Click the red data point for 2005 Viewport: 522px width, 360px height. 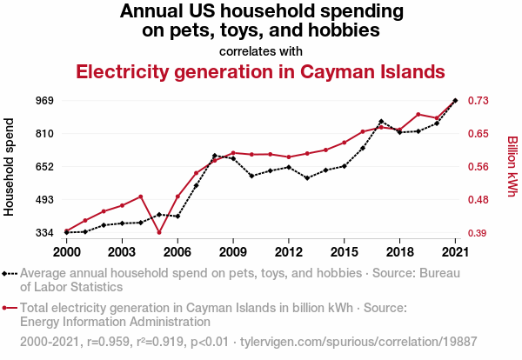[x=159, y=232]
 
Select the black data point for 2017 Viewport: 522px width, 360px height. [x=381, y=122]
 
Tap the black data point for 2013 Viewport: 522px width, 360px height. [x=307, y=178]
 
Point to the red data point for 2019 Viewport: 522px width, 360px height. [x=418, y=115]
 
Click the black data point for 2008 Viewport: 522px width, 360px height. [x=214, y=156]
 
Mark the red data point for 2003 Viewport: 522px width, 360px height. [x=122, y=205]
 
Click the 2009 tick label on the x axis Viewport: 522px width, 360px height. [x=233, y=251]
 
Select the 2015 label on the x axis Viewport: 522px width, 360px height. [x=344, y=251]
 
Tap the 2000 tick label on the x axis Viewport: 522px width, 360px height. [x=66, y=251]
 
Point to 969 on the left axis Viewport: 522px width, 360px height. [x=43, y=101]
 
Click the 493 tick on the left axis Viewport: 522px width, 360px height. [x=43, y=200]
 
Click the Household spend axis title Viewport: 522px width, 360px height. [x=10, y=167]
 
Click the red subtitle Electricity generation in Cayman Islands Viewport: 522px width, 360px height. [x=261, y=70]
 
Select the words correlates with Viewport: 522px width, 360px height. [x=261, y=50]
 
